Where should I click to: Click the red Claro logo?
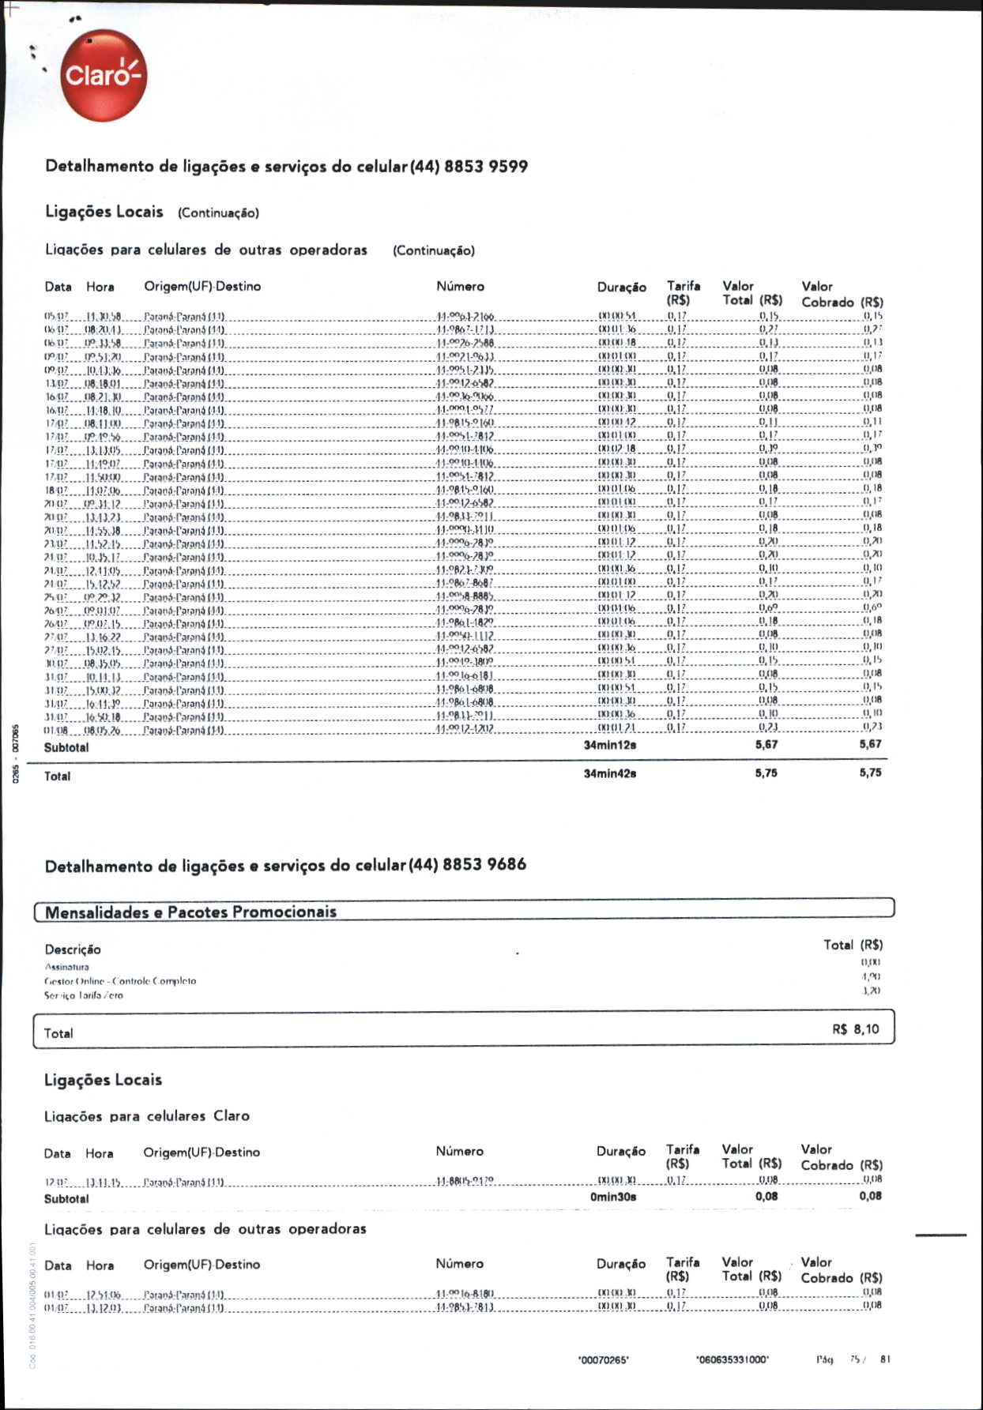pos(104,76)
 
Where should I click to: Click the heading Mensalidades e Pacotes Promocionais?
pos(190,912)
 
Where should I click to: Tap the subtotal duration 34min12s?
pos(609,745)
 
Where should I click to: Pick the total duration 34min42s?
pos(609,773)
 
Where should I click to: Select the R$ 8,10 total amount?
pos(855,1029)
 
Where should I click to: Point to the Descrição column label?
pos(73,949)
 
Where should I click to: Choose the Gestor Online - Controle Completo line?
pos(120,981)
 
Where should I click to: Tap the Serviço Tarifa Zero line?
pos(84,995)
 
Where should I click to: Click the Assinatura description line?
pos(67,967)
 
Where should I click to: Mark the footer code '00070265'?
pos(604,1359)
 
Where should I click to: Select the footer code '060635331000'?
pos(732,1359)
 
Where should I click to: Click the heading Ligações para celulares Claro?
pos(147,1116)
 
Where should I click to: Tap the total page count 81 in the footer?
pos(885,1359)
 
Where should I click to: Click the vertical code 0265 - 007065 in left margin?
pos(15,754)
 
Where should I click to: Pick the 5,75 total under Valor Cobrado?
pos(870,773)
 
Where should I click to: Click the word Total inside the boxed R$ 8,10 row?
pos(58,1033)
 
